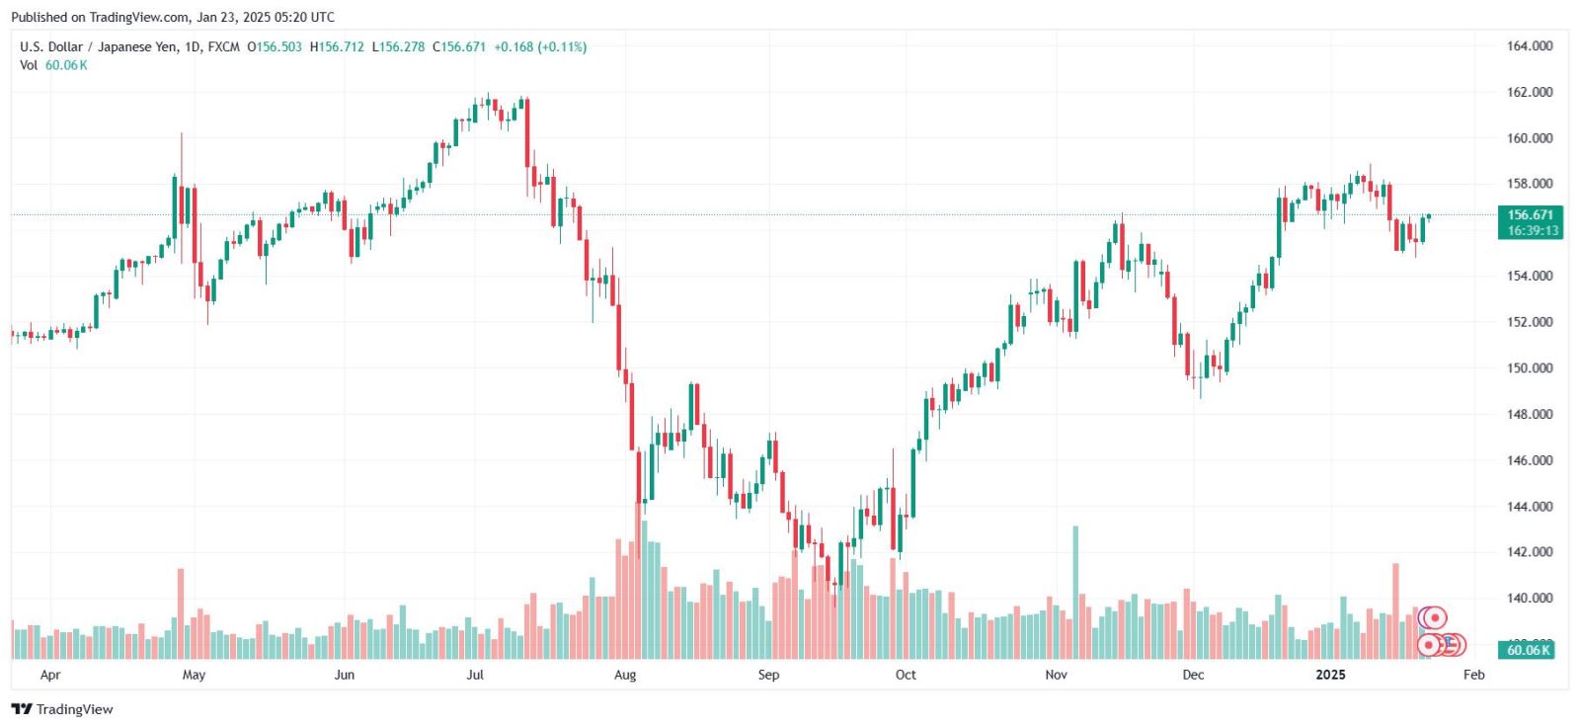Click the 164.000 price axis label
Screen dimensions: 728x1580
pos(1529,45)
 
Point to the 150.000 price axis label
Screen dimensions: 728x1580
pos(1529,368)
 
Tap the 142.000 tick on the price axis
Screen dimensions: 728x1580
pos(1529,552)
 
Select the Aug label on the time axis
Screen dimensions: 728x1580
pos(625,675)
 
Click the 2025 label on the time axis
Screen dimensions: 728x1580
pos(1330,675)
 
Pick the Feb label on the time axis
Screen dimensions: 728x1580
pos(1473,675)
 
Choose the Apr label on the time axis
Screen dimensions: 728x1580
pos(50,675)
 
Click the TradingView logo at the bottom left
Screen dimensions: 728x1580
pos(62,709)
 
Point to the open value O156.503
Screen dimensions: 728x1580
pos(275,46)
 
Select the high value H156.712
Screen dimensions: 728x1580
pos(337,46)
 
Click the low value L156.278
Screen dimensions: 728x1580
pos(398,46)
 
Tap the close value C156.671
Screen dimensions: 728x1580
pos(459,46)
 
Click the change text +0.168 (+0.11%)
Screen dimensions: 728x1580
pos(540,46)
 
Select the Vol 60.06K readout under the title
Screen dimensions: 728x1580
pos(53,65)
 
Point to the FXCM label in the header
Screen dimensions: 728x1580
pos(223,46)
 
